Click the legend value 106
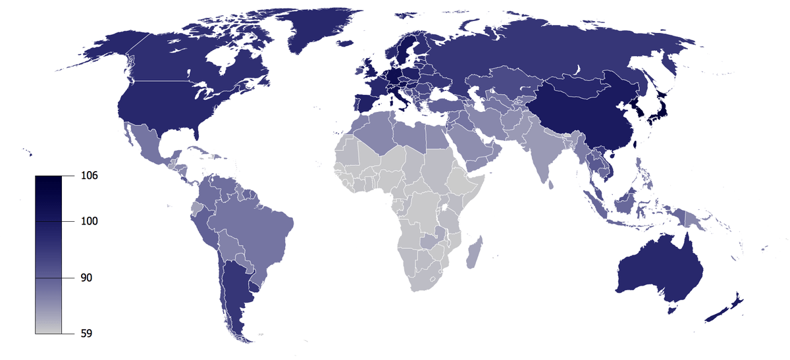pos(90,176)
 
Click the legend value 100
pos(90,221)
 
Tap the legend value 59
pos(87,334)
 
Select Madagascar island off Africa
pos(473,253)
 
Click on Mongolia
pos(579,86)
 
